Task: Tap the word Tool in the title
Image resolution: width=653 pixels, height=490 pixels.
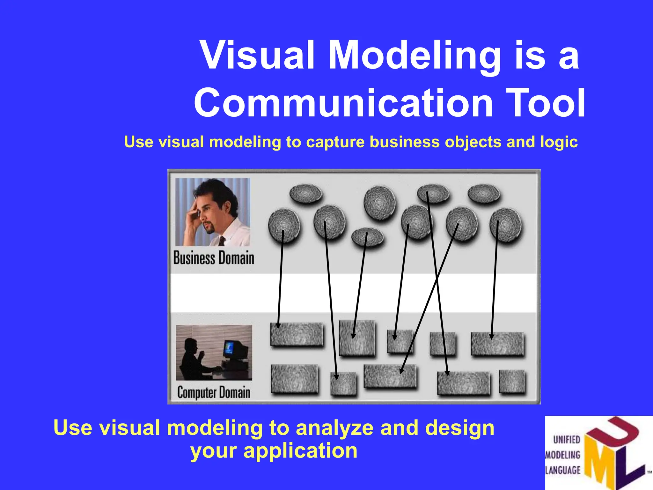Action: (x=545, y=103)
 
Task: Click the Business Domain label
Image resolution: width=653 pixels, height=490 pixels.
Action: (x=214, y=258)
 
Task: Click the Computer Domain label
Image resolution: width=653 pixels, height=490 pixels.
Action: (x=214, y=392)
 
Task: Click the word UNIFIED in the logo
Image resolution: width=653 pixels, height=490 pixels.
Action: (x=567, y=440)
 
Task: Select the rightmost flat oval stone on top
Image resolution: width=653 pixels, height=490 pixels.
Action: (x=484, y=194)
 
